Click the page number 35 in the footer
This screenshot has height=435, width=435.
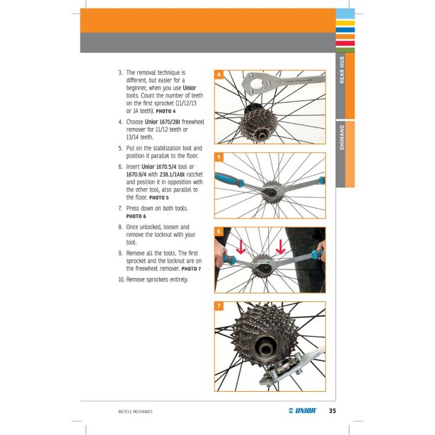click(x=332, y=410)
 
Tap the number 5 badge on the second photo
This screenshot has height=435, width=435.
click(x=219, y=157)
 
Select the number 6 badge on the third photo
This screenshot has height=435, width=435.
click(x=219, y=232)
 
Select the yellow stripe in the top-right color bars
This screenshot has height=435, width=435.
click(x=345, y=23)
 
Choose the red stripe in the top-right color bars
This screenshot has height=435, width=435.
click(x=345, y=42)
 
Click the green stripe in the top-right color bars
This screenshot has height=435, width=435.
click(x=345, y=49)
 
